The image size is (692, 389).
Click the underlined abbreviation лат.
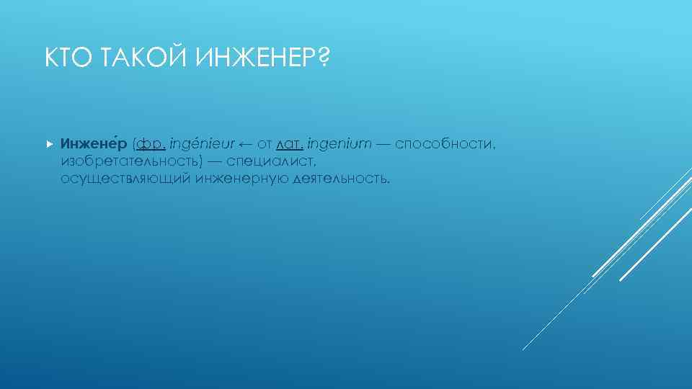(286, 144)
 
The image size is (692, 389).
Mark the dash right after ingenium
(383, 144)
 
